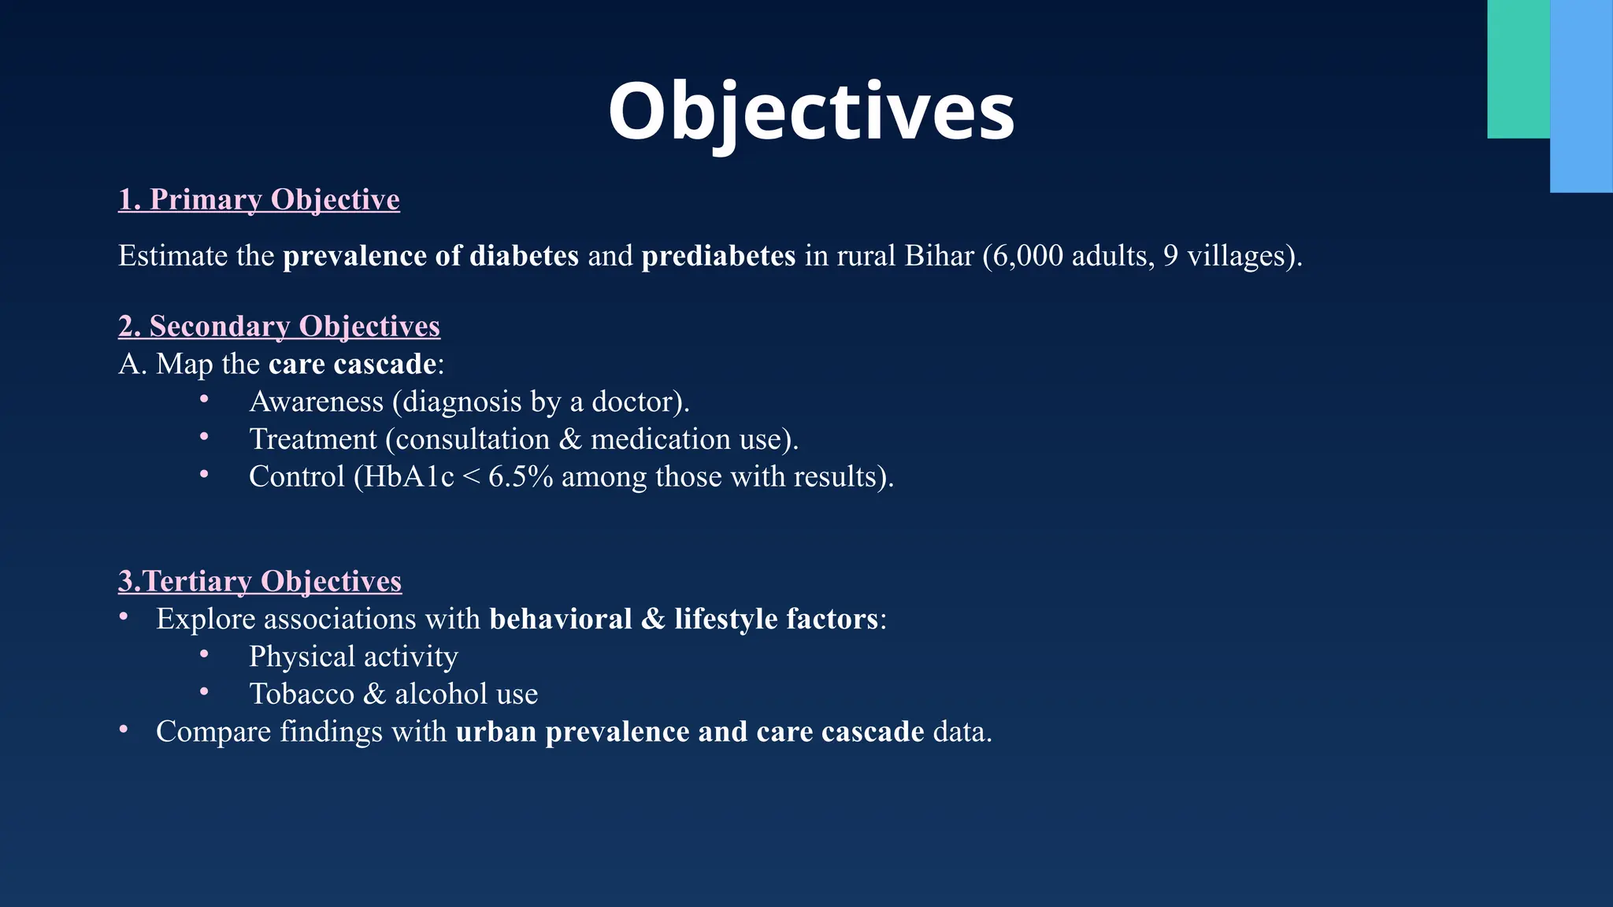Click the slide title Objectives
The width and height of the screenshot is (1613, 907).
811,112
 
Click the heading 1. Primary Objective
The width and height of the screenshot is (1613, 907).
259,199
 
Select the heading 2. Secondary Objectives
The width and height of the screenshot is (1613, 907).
279,326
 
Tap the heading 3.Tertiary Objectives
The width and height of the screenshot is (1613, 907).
260,581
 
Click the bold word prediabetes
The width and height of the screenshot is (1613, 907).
718,256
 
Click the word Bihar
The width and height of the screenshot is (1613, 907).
940,256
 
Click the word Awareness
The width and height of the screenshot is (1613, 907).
316,402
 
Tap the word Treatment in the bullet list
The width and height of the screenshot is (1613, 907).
313,439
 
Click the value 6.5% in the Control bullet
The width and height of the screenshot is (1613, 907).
521,477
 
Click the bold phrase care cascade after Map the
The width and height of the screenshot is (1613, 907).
352,364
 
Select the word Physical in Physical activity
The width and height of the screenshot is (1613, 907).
302,657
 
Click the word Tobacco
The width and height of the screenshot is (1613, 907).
302,694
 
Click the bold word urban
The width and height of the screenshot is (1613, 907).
495,732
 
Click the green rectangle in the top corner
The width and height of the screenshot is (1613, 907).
1518,69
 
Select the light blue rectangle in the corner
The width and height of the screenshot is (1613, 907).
1581,96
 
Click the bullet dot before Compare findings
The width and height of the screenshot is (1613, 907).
124,730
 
